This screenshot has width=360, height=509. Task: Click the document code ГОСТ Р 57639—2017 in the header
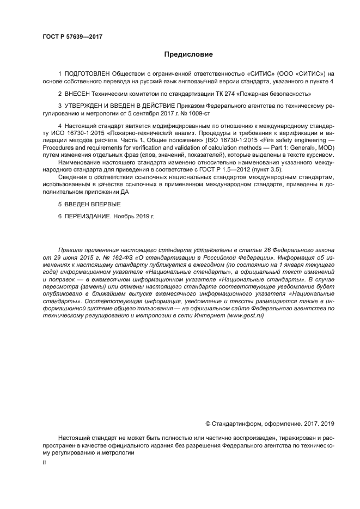[x=72, y=36]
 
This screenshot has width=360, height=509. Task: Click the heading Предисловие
[x=188, y=54]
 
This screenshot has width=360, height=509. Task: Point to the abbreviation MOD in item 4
[x=326, y=148]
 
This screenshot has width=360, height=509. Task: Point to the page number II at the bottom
[x=44, y=462]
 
